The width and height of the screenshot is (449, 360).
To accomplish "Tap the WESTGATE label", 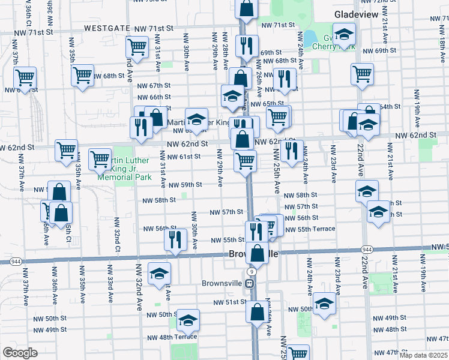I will [x=106, y=28].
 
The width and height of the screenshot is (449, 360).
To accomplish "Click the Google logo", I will [x=20, y=353].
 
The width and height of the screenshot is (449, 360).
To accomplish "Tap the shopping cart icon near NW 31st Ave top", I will [x=137, y=47].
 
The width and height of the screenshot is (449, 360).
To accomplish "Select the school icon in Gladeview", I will [x=345, y=34].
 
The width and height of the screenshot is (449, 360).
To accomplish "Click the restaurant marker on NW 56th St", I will [x=176, y=239].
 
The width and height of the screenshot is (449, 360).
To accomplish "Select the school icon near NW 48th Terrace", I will [x=188, y=320].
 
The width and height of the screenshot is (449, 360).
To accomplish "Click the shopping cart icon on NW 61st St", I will [x=246, y=160].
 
